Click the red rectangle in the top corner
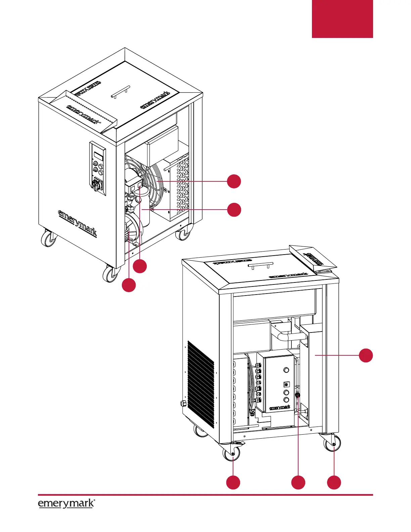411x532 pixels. (342, 19)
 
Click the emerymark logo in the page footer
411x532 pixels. (66, 503)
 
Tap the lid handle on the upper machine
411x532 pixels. (120, 92)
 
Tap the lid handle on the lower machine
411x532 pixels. (259, 266)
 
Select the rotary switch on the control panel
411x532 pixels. (96, 184)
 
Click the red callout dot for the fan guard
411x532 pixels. (234, 181)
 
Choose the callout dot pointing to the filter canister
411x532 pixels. (234, 210)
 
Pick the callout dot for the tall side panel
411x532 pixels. (366, 355)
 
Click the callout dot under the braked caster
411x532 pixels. (233, 482)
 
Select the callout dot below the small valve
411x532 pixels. (298, 482)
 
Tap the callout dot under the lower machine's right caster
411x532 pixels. (334, 482)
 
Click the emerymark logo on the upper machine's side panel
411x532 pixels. (78, 223)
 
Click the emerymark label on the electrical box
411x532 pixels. (280, 407)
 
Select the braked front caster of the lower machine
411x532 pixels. (232, 453)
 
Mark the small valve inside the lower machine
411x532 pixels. (297, 396)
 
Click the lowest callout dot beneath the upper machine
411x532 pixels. (129, 285)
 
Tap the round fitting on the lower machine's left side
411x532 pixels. (183, 403)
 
